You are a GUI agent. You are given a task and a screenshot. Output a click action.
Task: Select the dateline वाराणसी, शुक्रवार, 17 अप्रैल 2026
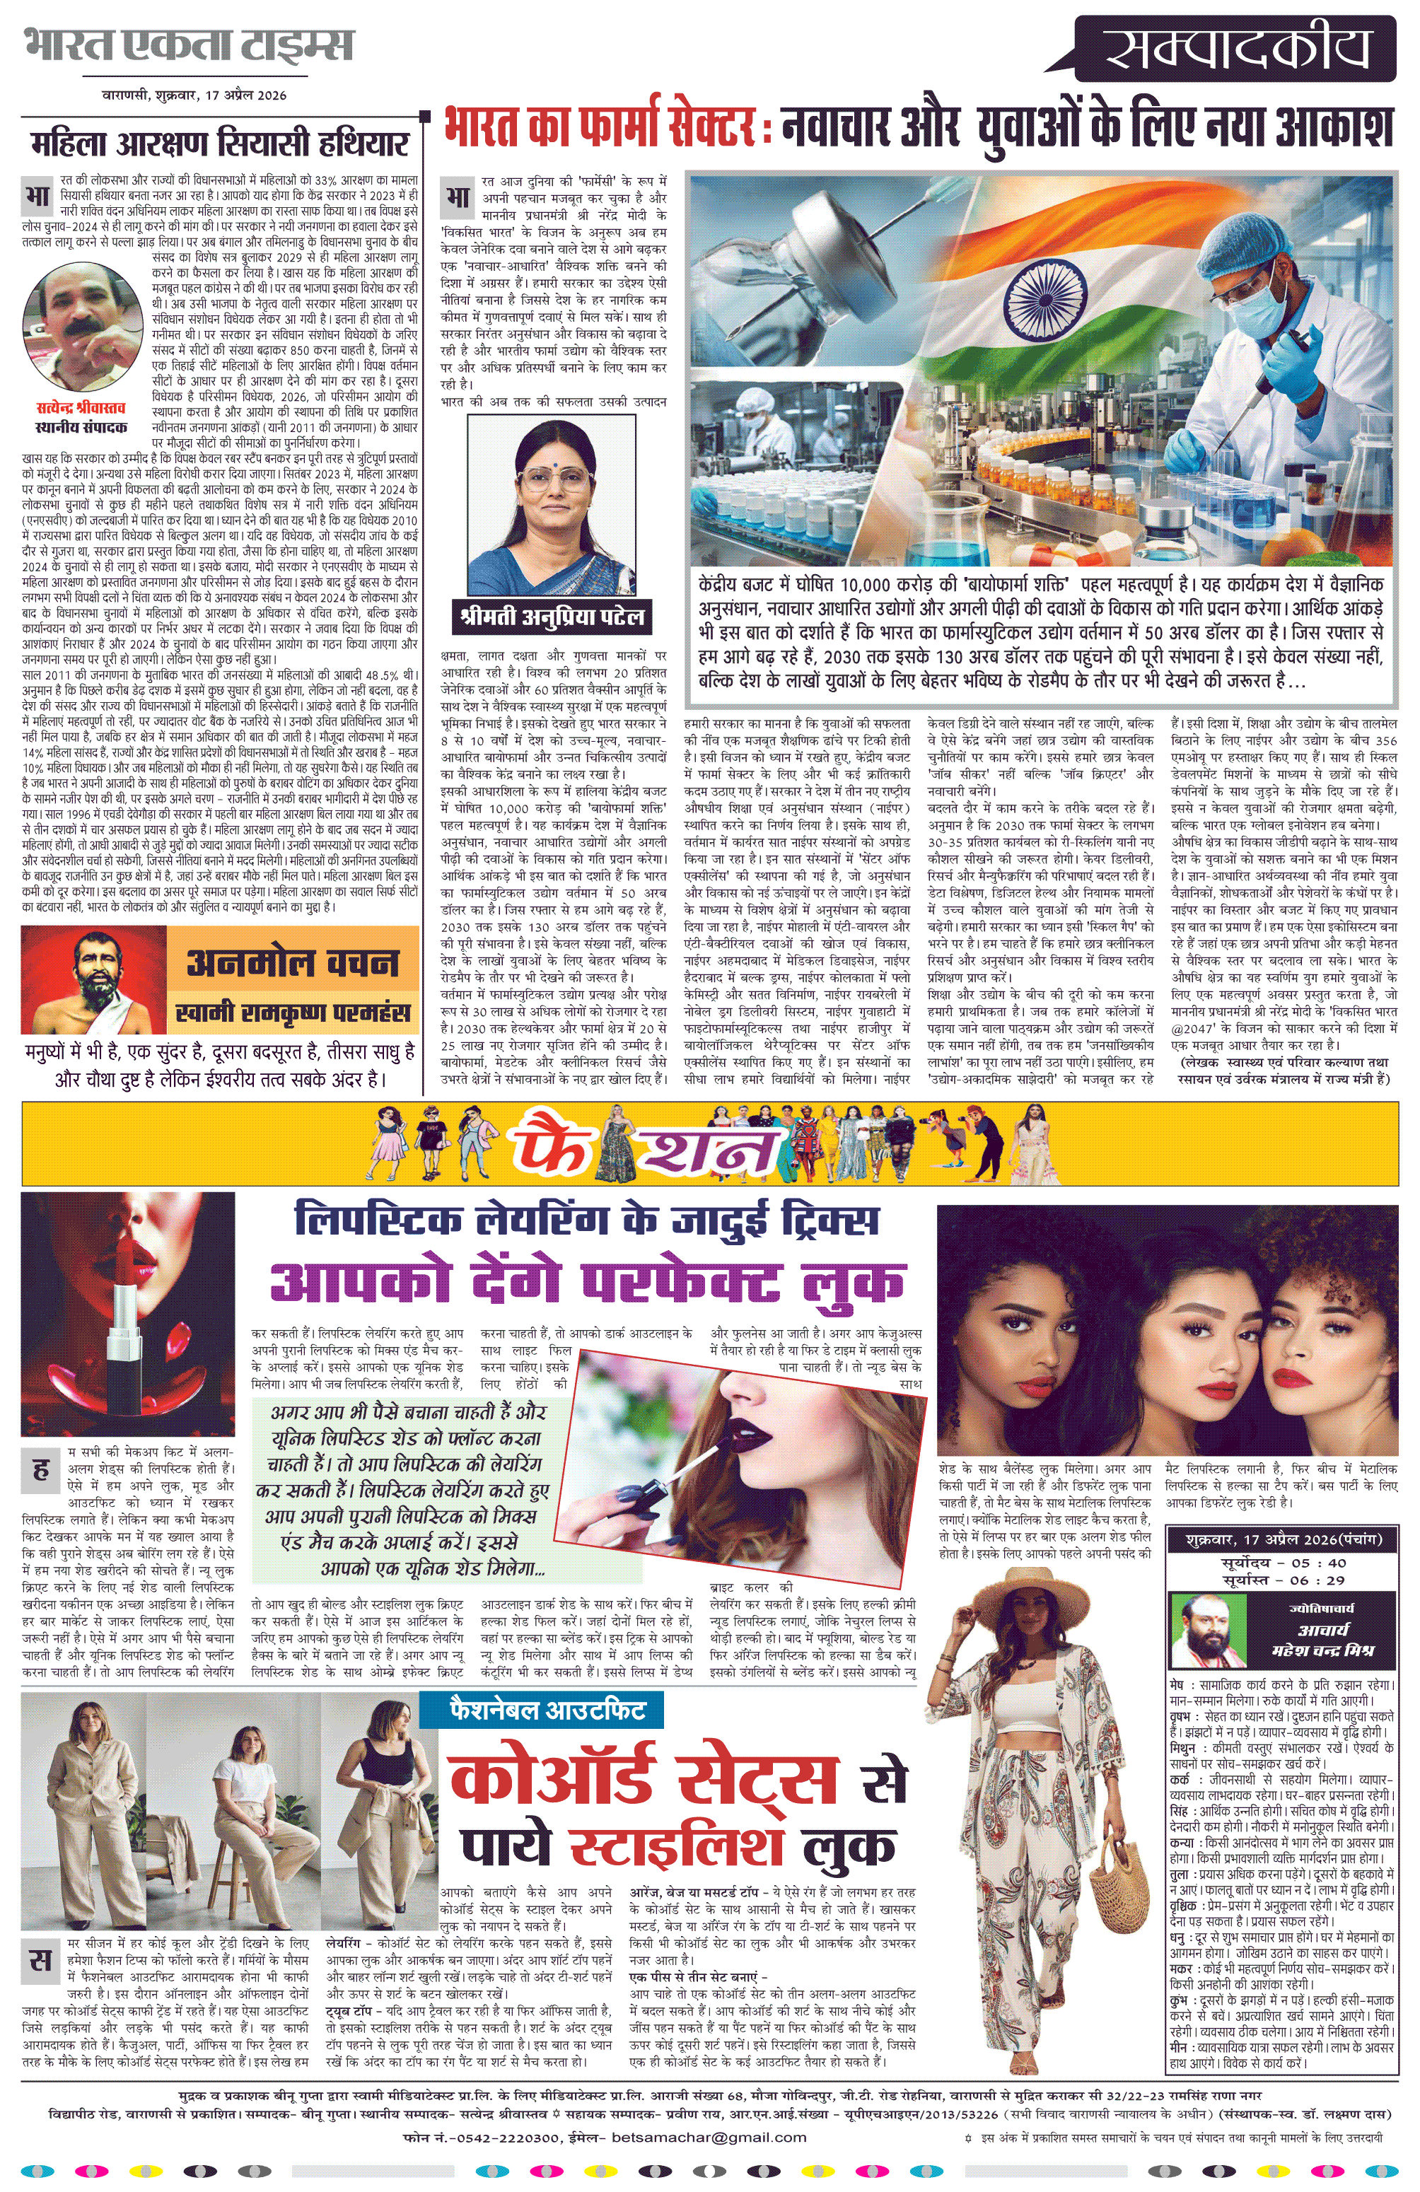click(194, 95)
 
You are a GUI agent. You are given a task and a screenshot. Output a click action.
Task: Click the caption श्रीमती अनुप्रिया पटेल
click(552, 615)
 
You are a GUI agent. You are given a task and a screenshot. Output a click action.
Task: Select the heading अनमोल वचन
click(292, 963)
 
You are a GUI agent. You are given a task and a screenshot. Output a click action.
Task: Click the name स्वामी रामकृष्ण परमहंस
click(292, 1012)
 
